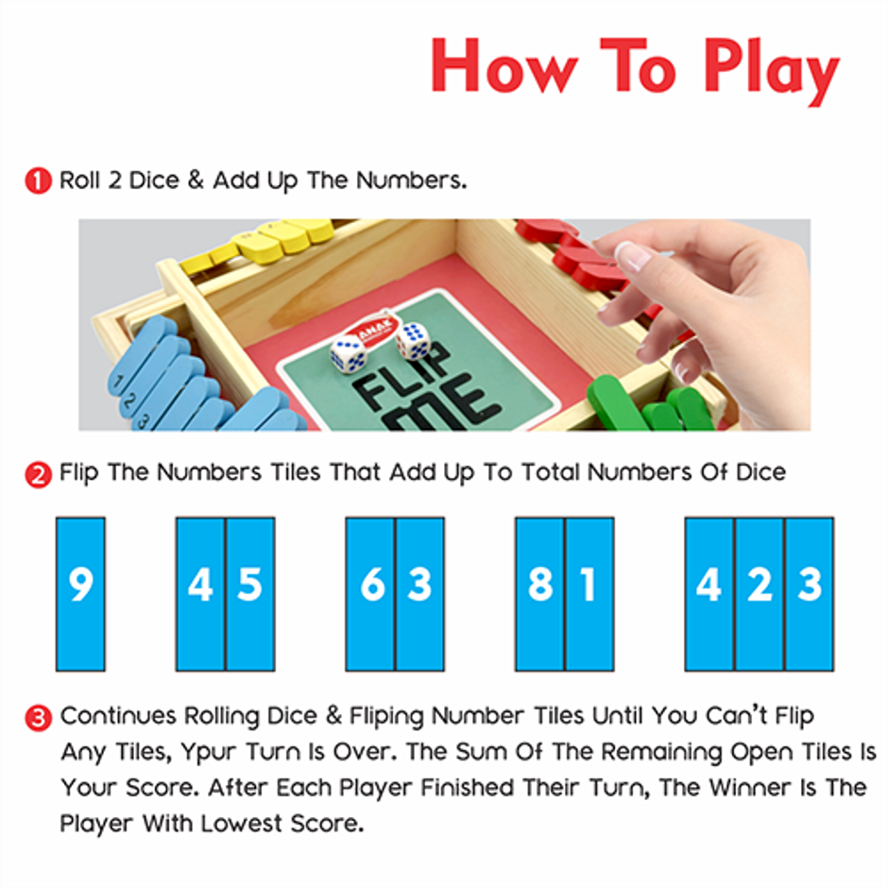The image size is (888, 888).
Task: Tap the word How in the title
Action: (x=497, y=66)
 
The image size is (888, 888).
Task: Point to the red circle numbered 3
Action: (x=39, y=718)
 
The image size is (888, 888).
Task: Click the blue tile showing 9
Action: (x=80, y=593)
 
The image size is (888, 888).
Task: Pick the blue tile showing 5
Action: (x=250, y=593)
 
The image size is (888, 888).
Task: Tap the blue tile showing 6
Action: (x=370, y=593)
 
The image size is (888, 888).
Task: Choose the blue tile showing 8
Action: (x=539, y=593)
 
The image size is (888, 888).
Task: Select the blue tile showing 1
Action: (x=589, y=593)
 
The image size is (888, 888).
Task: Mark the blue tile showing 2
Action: (x=760, y=593)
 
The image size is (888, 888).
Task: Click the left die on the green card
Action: (x=349, y=354)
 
